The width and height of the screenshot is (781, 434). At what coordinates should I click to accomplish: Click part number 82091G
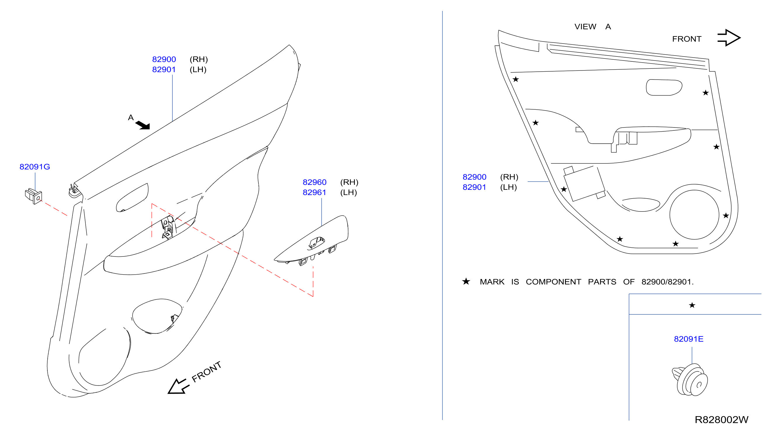tap(34, 167)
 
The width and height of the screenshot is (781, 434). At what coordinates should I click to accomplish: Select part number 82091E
tap(689, 339)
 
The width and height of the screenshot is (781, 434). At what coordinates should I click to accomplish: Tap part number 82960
tap(315, 182)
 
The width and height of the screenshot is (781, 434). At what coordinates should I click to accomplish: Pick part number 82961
tap(315, 193)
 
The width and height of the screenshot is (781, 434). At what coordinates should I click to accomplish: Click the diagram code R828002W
tap(721, 420)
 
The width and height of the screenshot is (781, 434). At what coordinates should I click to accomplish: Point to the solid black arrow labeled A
tap(143, 125)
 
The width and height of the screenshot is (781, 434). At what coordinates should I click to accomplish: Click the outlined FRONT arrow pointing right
tap(729, 38)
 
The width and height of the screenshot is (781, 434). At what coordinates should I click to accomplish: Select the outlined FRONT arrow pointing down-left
tap(178, 386)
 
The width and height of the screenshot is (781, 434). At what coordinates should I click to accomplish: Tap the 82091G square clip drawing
tap(33, 196)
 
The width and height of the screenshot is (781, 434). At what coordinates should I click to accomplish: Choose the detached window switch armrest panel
tap(312, 240)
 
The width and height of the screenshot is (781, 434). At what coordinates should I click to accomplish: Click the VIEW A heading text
tap(593, 27)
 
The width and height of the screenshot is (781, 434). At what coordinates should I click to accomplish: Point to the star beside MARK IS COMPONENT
tap(466, 281)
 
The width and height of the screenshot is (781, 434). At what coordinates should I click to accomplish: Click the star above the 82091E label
tap(692, 305)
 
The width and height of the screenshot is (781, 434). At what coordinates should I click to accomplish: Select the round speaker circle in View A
tap(694, 215)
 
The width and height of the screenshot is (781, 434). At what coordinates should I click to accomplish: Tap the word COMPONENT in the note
tap(553, 282)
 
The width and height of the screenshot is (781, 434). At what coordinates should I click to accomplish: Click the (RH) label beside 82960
tap(349, 182)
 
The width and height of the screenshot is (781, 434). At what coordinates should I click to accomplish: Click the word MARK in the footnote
tap(492, 282)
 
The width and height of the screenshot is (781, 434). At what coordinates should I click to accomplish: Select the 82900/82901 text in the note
tap(667, 282)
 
